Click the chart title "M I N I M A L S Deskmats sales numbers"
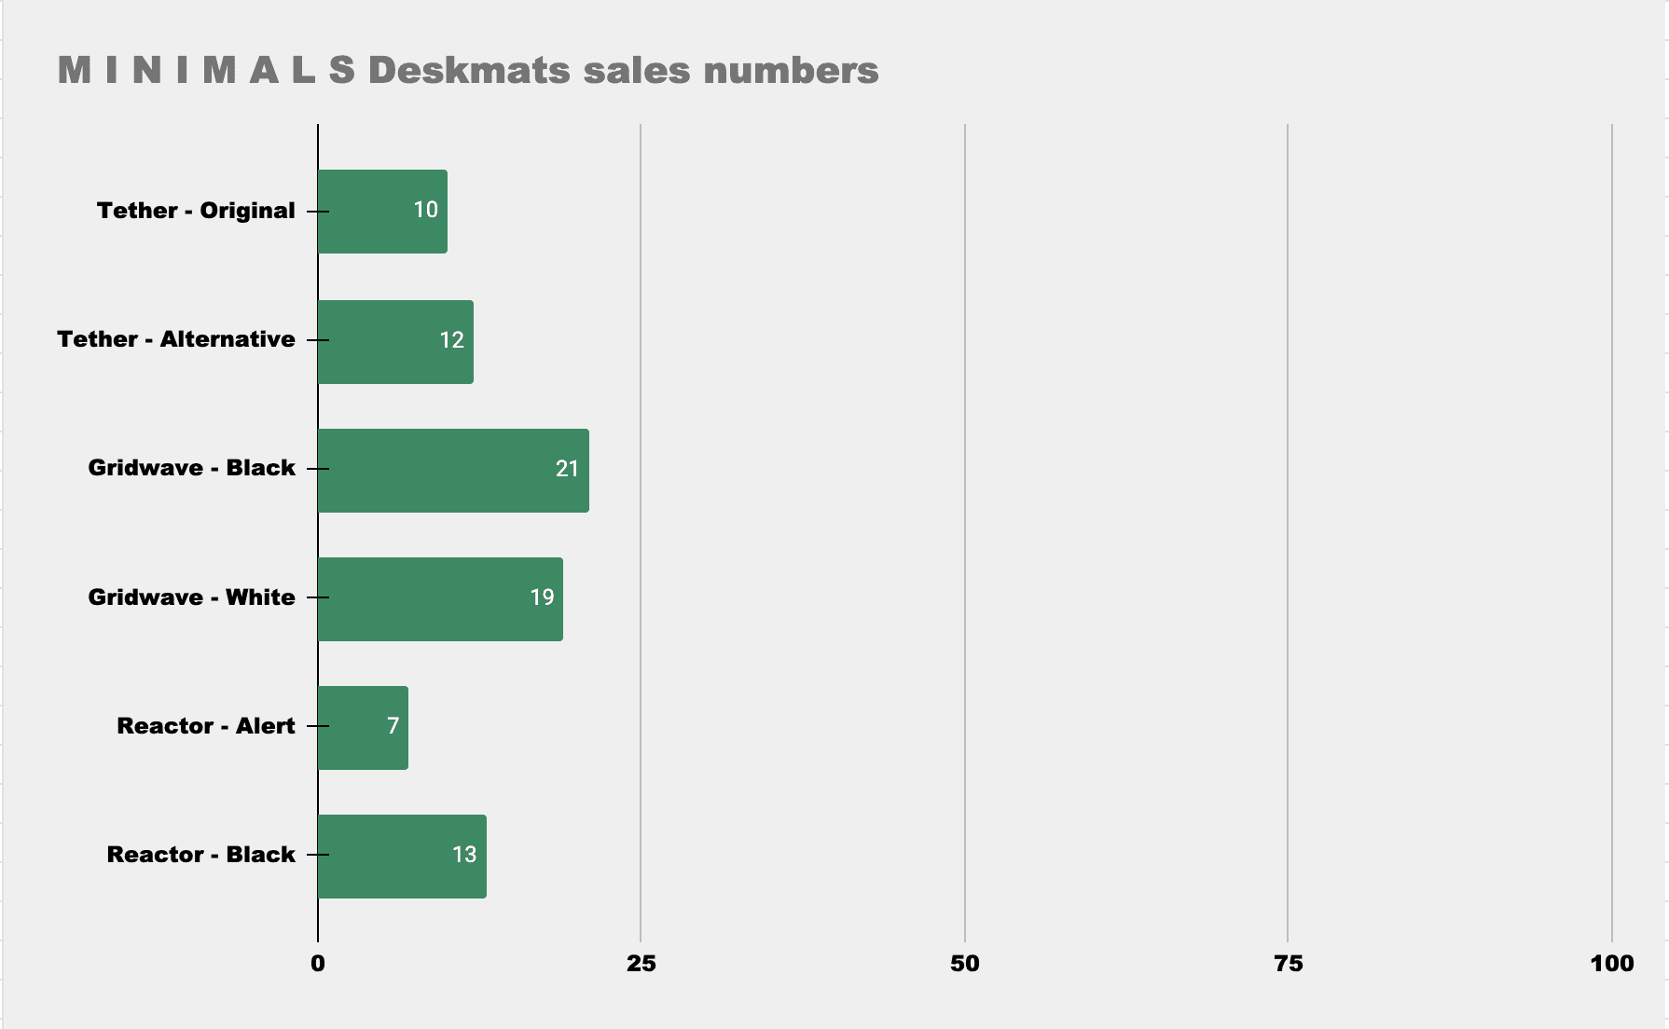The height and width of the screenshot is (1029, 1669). click(x=467, y=71)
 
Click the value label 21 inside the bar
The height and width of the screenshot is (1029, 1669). click(x=567, y=469)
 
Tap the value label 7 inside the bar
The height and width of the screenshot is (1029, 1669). click(x=393, y=726)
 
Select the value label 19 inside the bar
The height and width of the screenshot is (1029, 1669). click(x=542, y=597)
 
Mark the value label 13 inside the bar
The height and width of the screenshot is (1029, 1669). click(x=464, y=855)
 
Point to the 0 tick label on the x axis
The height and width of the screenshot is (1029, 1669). click(x=318, y=964)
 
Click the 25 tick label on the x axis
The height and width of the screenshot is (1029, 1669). click(x=641, y=964)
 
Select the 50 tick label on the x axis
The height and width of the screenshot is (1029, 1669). click(x=964, y=964)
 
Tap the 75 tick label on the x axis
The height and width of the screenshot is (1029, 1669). click(x=1288, y=964)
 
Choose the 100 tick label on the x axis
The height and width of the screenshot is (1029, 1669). click(x=1611, y=964)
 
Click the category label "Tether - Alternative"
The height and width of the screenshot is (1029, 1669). click(x=176, y=339)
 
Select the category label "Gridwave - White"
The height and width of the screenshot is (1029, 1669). click(x=191, y=597)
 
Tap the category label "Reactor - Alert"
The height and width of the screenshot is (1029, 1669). click(x=205, y=726)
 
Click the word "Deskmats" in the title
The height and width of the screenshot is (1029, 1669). click(x=469, y=71)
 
